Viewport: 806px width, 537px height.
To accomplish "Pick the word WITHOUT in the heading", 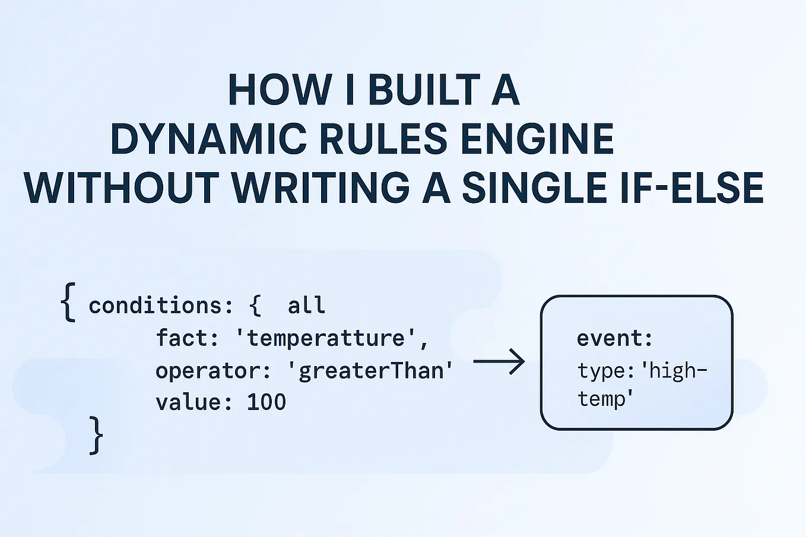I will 122,188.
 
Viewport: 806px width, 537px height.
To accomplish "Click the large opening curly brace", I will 69,302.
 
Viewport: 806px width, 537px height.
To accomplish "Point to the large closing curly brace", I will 96,435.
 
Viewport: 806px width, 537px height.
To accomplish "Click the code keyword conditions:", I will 161,306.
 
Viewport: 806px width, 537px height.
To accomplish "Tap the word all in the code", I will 306,306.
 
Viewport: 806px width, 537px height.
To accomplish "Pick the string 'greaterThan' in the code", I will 370,371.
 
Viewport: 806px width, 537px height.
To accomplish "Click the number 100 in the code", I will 266,402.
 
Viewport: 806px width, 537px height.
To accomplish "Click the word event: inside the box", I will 615,338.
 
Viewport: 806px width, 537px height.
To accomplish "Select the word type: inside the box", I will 602,371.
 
